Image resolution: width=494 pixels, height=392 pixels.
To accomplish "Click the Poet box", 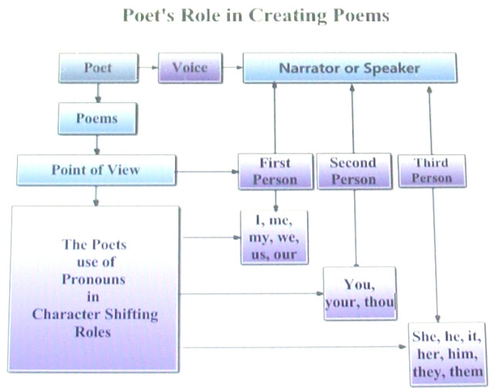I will click(x=98, y=68).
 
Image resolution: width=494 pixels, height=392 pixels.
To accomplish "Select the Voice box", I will click(x=190, y=68).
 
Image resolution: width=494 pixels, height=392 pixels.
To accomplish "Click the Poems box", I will click(x=97, y=119).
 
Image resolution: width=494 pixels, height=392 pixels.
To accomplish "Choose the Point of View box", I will click(x=96, y=170).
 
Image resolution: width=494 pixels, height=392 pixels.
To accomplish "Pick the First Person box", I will click(x=275, y=171).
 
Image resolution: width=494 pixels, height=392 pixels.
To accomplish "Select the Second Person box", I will click(x=353, y=171).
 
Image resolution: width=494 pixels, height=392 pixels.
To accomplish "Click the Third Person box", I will click(x=431, y=171).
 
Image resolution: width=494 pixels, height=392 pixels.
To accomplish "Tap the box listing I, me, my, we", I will click(x=274, y=238).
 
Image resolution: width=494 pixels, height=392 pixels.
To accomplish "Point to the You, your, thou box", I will click(x=359, y=294).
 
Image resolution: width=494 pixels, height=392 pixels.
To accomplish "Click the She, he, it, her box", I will click(x=448, y=354).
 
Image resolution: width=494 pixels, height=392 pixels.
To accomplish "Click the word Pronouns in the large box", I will click(x=95, y=279).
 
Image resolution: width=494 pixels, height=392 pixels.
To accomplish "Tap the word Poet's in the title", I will click(x=150, y=16).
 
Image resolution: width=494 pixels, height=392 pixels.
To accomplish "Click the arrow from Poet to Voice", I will click(x=149, y=68).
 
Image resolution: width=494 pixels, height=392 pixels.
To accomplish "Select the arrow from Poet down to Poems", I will click(x=98, y=93).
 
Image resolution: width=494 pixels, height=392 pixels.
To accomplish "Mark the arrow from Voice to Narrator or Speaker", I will click(x=232, y=68).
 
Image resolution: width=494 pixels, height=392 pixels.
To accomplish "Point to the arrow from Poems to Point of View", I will click(x=98, y=144).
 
